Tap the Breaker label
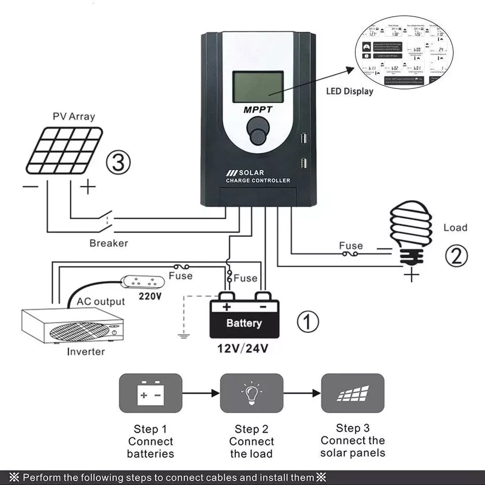pos(109,243)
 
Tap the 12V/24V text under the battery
pos(243,348)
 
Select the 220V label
pos(150,296)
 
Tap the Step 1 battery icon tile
pos(150,393)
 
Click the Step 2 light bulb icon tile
pos(252,393)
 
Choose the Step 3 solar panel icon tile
pos(353,393)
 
